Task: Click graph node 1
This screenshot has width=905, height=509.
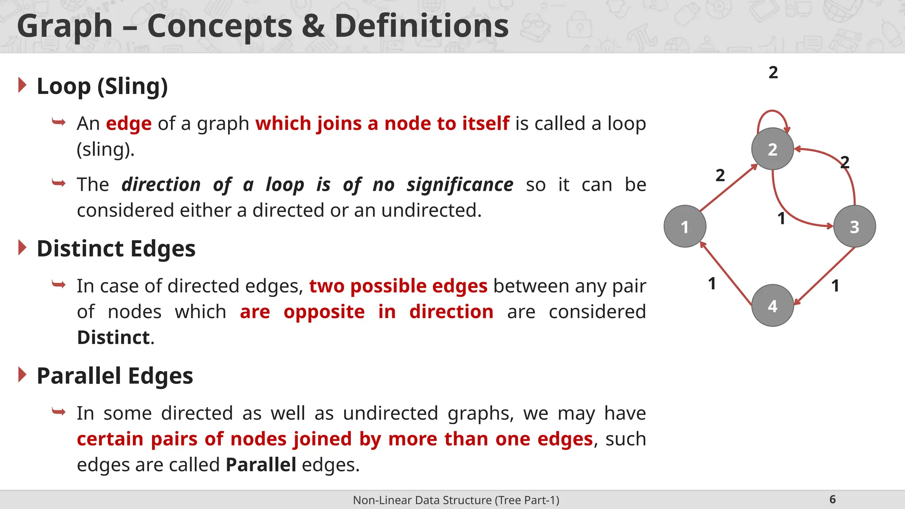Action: pyautogui.click(x=684, y=226)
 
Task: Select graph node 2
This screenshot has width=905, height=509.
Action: pyautogui.click(x=772, y=149)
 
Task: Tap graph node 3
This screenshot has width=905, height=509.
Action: pyautogui.click(x=854, y=226)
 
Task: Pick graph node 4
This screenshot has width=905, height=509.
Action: pyautogui.click(x=772, y=305)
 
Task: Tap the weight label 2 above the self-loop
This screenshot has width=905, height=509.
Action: pyautogui.click(x=773, y=72)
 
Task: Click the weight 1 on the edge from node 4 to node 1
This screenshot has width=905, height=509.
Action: pyautogui.click(x=711, y=284)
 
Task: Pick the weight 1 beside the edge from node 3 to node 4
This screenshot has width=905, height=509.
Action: pyautogui.click(x=835, y=286)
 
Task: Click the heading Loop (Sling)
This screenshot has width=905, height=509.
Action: pyautogui.click(x=102, y=86)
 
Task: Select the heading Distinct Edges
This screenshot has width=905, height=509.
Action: pyautogui.click(x=116, y=248)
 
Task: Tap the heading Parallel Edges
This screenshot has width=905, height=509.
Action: pyautogui.click(x=114, y=376)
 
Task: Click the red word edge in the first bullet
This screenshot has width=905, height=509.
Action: pyautogui.click(x=129, y=124)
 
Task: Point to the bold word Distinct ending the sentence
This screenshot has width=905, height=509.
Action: pyautogui.click(x=114, y=338)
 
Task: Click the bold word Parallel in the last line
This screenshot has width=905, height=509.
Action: pyautogui.click(x=261, y=465)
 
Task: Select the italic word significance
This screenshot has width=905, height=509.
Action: pyautogui.click(x=460, y=185)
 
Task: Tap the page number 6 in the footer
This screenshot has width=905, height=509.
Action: pyautogui.click(x=833, y=499)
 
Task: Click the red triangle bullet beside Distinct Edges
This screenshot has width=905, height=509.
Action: pyautogui.click(x=23, y=247)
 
